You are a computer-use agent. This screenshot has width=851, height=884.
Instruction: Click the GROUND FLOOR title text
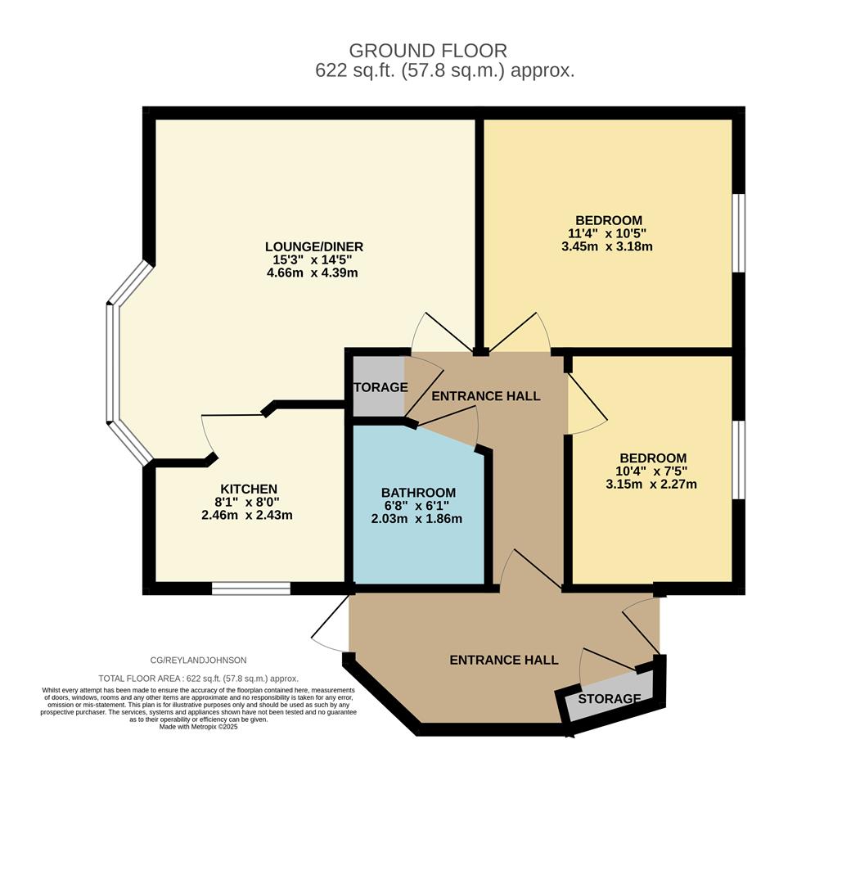428,51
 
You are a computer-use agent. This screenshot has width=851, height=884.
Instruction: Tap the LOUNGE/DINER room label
313,246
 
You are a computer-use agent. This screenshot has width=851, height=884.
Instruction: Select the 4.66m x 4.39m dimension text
313,273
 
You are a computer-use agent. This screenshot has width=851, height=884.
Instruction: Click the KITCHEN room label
248,489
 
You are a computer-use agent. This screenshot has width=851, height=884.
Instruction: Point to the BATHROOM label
418,492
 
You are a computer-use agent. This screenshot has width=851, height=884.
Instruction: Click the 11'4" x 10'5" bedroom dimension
608,233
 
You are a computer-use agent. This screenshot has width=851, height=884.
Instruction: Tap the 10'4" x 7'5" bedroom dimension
652,471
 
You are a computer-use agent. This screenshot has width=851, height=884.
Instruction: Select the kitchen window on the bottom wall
251,588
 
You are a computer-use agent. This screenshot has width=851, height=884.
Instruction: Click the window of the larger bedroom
738,232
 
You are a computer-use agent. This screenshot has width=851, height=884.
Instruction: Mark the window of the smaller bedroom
738,459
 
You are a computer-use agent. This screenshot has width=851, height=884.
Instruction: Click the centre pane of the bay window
112,363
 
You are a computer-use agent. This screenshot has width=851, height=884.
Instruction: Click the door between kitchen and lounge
233,416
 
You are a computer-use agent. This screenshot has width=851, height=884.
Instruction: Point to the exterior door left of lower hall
331,627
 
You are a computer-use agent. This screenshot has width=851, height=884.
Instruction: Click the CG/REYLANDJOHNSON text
198,660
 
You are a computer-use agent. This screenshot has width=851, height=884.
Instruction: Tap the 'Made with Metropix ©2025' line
198,727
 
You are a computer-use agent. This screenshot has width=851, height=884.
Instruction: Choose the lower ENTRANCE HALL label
503,660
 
